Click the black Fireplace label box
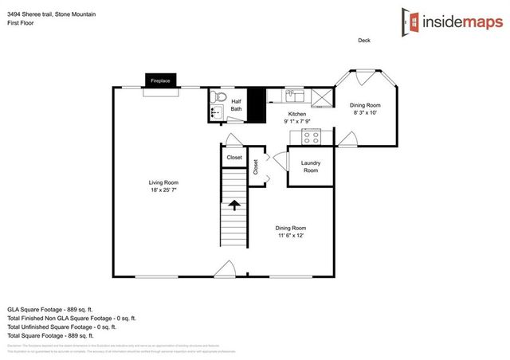point(160,80)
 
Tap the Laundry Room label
point(310,167)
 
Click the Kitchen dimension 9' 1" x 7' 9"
point(297,122)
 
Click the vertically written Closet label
point(256,167)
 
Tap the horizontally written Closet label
point(234,158)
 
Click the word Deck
point(363,41)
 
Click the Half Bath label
point(237,105)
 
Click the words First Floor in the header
point(22,22)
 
